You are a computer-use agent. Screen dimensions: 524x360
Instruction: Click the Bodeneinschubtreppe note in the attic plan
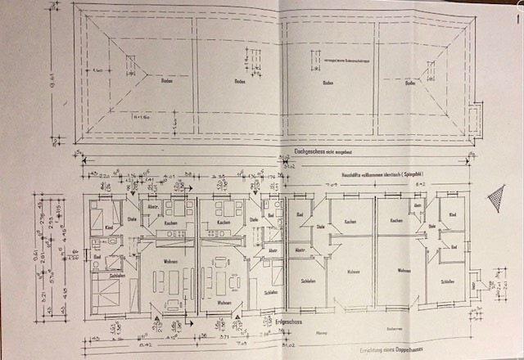(337, 60)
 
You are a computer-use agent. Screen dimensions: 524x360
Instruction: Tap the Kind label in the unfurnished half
(452, 214)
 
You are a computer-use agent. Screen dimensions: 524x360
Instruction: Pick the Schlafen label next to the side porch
(446, 281)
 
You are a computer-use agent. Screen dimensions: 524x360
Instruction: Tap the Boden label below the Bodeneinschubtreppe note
(327, 83)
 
